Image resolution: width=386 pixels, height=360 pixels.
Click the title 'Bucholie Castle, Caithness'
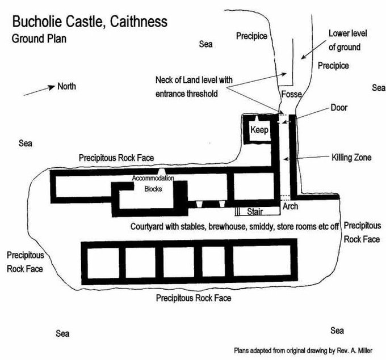tap(90, 22)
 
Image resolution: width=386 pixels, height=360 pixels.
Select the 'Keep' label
tap(259, 130)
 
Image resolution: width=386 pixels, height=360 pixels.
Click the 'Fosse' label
tap(290, 94)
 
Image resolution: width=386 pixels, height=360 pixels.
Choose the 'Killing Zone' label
tap(351, 157)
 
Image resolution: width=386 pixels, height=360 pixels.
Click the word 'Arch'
tap(290, 206)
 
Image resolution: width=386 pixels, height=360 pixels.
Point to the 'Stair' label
tap(254, 211)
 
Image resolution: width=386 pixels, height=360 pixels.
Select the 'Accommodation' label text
tap(153, 179)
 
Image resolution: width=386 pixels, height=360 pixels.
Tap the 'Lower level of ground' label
tap(345, 40)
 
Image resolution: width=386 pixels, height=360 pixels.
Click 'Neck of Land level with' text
tap(194, 80)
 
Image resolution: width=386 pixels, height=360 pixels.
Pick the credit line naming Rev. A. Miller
tap(304, 350)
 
